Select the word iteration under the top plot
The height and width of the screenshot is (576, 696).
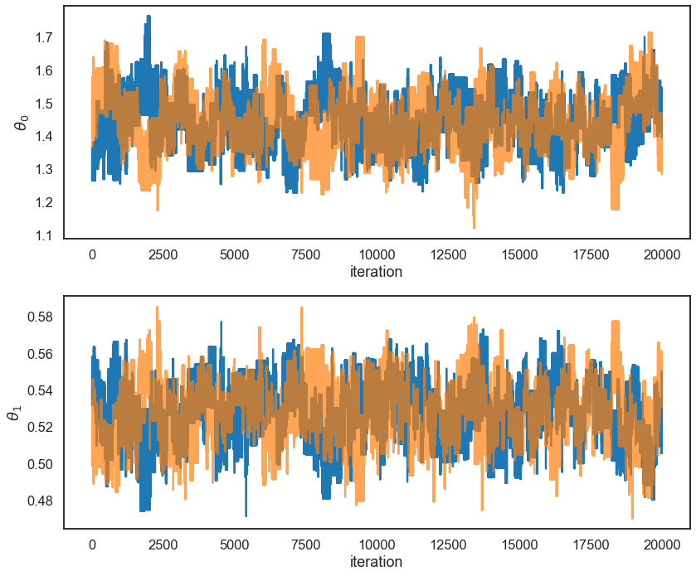377,272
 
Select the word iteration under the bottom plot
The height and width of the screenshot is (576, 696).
377,561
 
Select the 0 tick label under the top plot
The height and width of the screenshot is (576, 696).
92,254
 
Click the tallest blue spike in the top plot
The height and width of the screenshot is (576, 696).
148,17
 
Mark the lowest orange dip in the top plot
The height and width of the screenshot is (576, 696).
474,226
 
